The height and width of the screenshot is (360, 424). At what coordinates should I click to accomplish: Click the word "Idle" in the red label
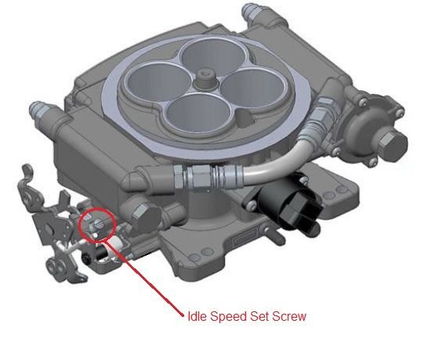pos(196,316)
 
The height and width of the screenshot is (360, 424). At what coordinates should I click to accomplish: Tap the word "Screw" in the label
pos(285,316)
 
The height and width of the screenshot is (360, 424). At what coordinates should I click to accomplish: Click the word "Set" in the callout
pos(255,316)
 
